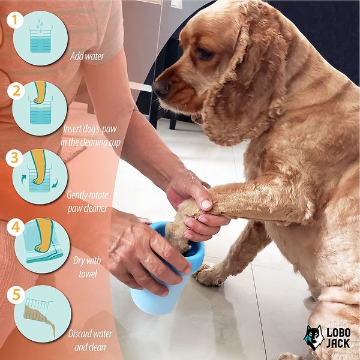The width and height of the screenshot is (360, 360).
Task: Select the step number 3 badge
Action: coord(14,158)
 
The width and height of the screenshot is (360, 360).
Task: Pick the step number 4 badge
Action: coord(14,227)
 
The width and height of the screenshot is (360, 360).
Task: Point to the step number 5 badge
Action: coord(15,296)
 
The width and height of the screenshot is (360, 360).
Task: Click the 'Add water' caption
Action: coord(87,56)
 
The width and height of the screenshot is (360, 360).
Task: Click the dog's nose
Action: coord(160,88)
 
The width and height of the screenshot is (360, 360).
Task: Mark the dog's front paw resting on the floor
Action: coord(210,274)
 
